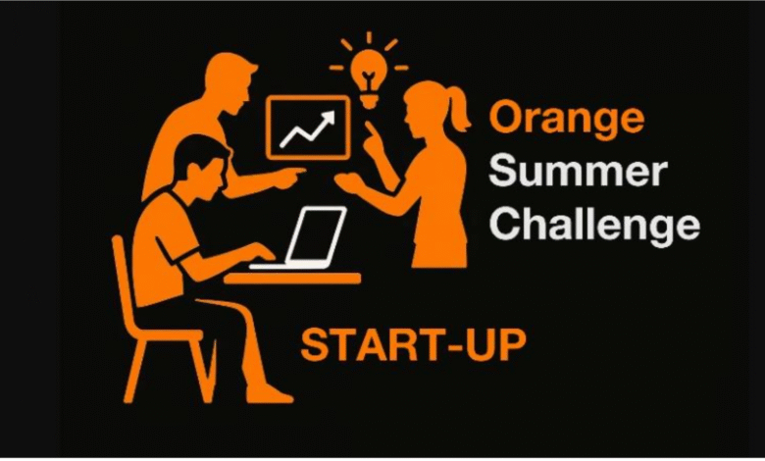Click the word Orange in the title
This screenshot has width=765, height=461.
coord(566,120)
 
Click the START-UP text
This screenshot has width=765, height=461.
coord(413,345)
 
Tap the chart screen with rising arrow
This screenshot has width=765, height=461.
coord(307,128)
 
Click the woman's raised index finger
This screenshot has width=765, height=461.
coord(368,130)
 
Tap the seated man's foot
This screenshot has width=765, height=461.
coord(269,393)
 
